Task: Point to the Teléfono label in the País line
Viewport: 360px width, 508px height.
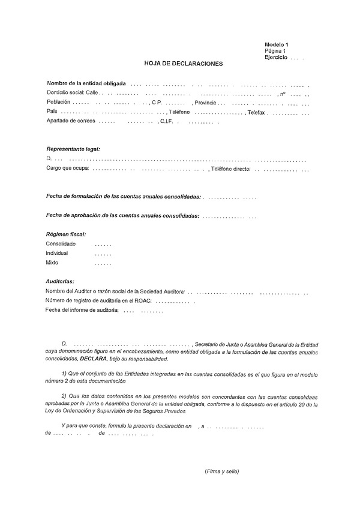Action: click(x=179, y=112)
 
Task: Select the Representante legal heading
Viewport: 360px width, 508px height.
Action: click(x=73, y=149)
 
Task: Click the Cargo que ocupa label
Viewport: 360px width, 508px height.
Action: click(x=68, y=169)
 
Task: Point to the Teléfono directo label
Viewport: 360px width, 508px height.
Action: click(x=230, y=169)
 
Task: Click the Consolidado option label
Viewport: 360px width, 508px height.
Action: click(x=61, y=244)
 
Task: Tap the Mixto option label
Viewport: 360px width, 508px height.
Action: click(x=53, y=263)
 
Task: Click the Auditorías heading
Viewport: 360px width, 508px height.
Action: click(x=61, y=281)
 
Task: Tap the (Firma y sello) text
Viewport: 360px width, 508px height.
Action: click(x=221, y=471)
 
